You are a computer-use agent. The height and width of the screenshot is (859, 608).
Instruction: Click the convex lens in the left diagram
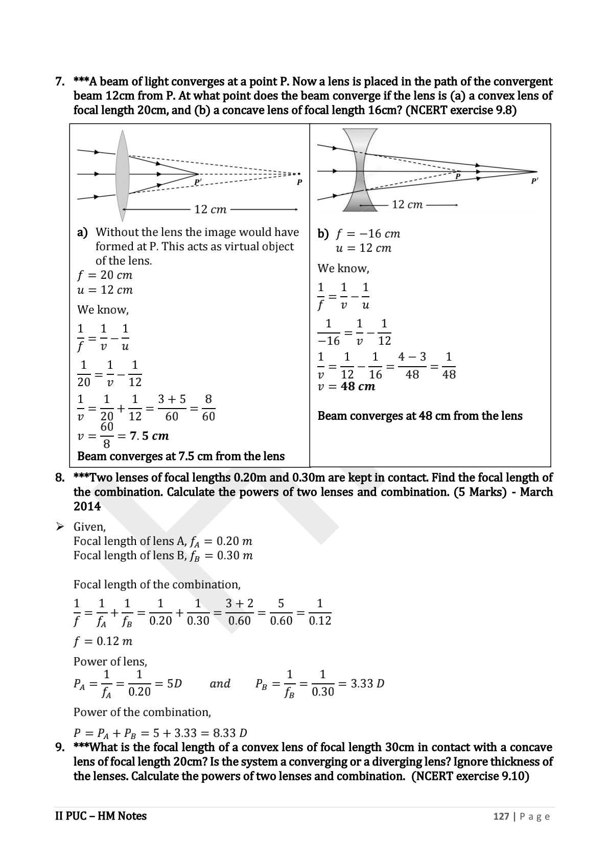122,174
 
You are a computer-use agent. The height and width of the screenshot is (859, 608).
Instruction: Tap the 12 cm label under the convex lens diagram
210,209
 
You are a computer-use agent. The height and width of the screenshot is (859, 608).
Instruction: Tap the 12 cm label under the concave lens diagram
407,205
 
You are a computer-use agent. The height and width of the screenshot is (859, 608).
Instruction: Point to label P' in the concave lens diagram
534,181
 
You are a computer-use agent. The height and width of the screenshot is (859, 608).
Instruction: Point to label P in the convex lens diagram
299,182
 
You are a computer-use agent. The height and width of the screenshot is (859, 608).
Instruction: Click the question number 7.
60,82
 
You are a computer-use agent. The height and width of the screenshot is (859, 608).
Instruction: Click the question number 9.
60,748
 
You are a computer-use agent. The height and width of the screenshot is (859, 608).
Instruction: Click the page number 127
501,817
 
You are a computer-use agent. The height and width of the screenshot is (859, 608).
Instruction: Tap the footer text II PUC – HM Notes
101,816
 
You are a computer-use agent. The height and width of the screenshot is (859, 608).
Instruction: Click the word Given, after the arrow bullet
89,527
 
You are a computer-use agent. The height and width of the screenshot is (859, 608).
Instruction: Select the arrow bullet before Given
60,527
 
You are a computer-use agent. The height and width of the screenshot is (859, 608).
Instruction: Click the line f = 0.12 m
103,641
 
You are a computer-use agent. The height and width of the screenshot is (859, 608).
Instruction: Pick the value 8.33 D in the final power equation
230,733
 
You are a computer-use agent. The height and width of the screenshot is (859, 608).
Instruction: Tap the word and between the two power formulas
220,684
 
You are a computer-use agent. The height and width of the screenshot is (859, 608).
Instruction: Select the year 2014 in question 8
87,507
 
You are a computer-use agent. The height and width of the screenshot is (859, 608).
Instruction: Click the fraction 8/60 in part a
208,408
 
